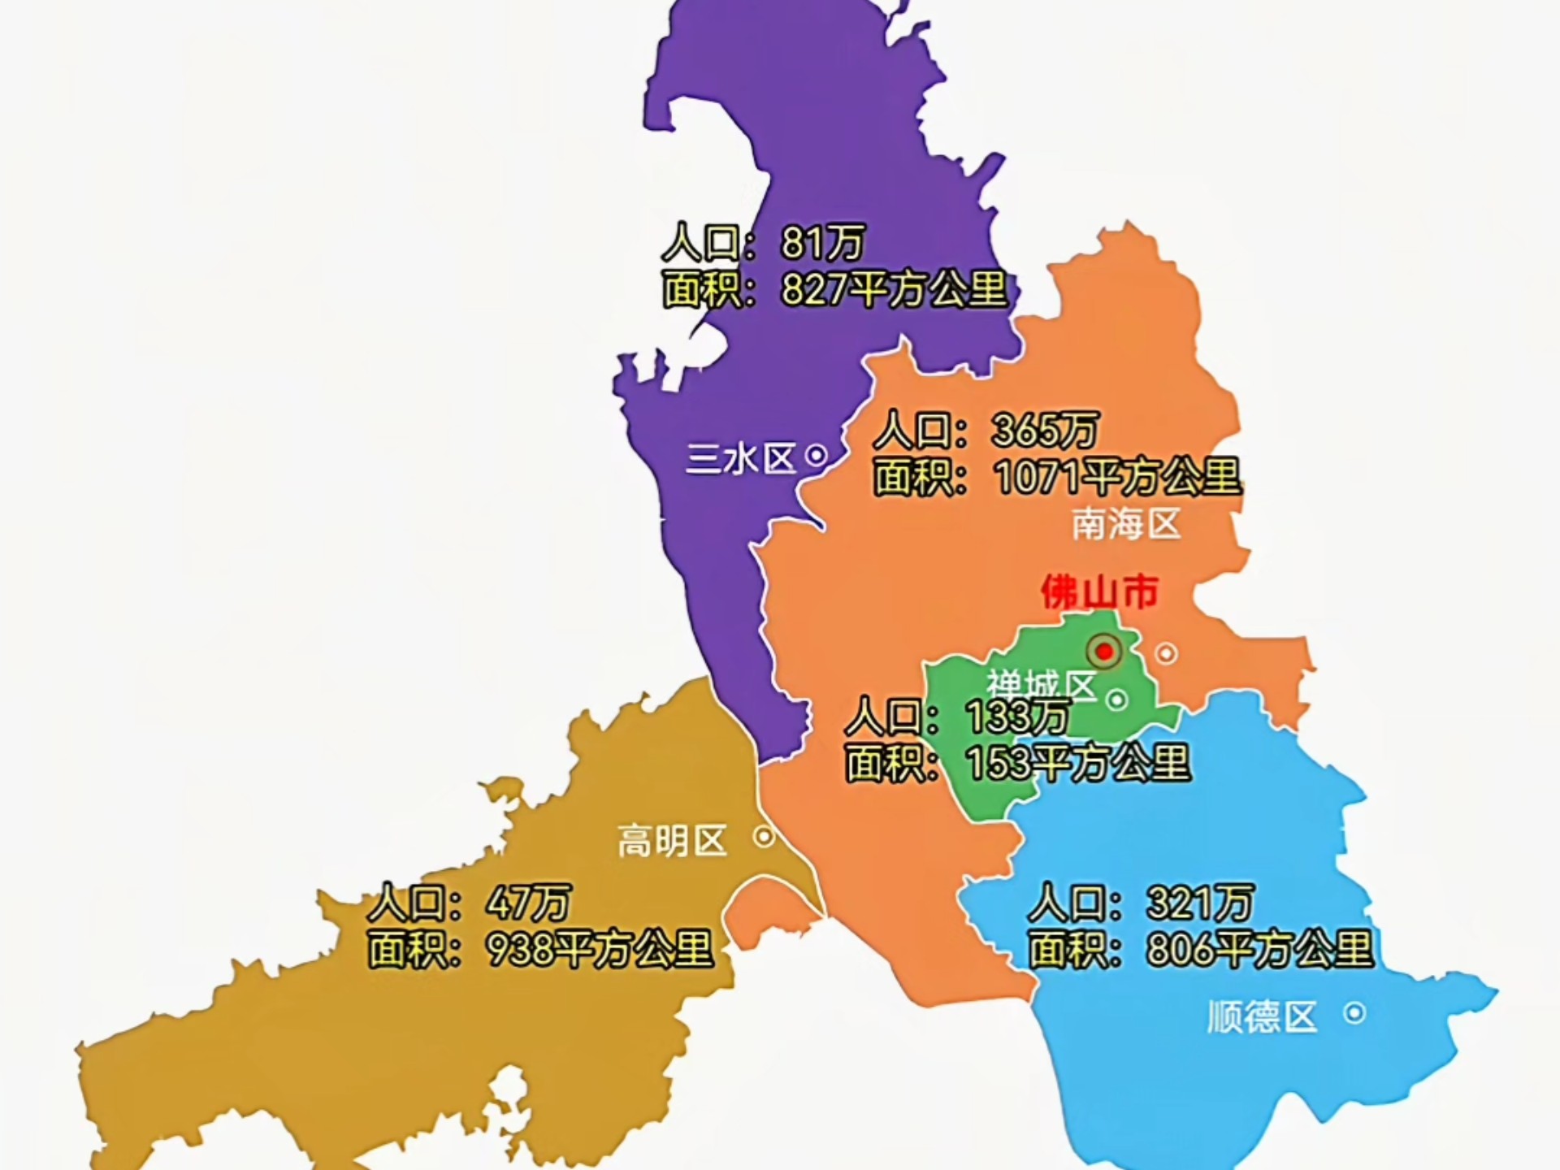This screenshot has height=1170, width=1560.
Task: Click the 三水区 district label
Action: pyautogui.click(x=740, y=459)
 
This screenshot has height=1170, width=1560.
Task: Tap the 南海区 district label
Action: pyautogui.click(x=1125, y=525)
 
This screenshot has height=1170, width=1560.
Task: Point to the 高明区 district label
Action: pyautogui.click(x=672, y=840)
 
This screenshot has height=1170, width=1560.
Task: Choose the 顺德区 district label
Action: pyautogui.click(x=1261, y=1016)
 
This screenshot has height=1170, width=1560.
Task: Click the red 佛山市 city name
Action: pyautogui.click(x=1099, y=592)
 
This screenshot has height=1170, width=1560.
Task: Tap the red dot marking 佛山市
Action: pyautogui.click(x=1104, y=652)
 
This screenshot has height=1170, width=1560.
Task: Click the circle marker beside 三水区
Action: pyautogui.click(x=816, y=457)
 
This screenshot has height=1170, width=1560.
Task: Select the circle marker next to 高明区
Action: pyautogui.click(x=764, y=836)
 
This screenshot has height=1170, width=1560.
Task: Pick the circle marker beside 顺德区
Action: pyautogui.click(x=1354, y=1013)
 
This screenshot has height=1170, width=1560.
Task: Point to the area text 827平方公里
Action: pyautogui.click(x=894, y=289)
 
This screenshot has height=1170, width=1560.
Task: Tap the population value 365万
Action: pyautogui.click(x=1045, y=430)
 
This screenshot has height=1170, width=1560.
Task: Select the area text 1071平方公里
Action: pyautogui.click(x=1118, y=477)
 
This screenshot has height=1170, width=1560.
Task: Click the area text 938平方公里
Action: pyautogui.click(x=600, y=949)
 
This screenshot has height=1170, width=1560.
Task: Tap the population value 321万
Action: pyautogui.click(x=1199, y=902)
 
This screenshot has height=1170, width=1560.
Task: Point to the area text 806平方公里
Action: pyautogui.click(x=1260, y=949)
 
